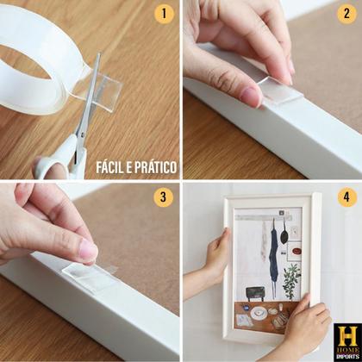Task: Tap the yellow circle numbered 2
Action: click(x=347, y=15)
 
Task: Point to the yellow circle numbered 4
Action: click(x=347, y=197)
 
